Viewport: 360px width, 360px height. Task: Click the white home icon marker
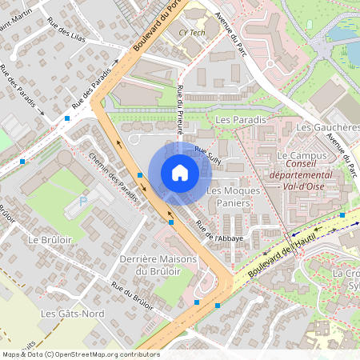(x=180, y=172)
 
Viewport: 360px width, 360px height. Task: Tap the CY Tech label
(x=191, y=34)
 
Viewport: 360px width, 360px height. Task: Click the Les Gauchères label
(x=326, y=128)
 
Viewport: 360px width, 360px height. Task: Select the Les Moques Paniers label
(x=230, y=198)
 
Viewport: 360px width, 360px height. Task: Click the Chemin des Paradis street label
(x=114, y=177)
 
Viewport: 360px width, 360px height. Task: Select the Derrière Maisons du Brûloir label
(x=157, y=265)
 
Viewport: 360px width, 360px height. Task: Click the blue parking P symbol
(x=83, y=202)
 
